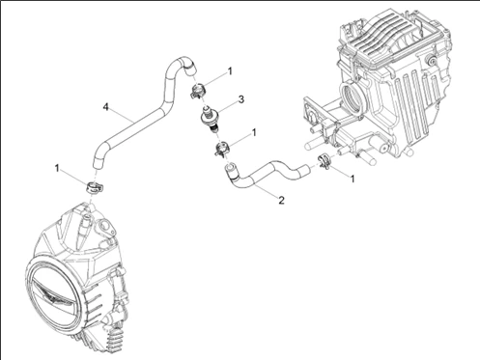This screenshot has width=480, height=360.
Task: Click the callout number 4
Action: pyautogui.click(x=105, y=107)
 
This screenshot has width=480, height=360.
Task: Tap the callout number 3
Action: pyautogui.click(x=241, y=99)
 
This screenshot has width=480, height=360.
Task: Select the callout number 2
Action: pyautogui.click(x=281, y=200)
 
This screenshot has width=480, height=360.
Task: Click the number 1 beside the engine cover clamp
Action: pyautogui.click(x=57, y=168)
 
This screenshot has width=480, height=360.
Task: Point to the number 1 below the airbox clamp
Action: pyautogui.click(x=353, y=179)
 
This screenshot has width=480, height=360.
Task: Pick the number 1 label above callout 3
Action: pyautogui.click(x=230, y=71)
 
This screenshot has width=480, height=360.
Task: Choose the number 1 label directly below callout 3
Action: pyautogui.click(x=254, y=132)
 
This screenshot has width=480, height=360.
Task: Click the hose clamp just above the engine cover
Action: pyautogui.click(x=94, y=186)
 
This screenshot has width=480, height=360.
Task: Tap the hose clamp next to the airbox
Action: pyautogui.click(x=325, y=160)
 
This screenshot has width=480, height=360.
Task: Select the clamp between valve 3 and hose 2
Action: pyautogui.click(x=222, y=150)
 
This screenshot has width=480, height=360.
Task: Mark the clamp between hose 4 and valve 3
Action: pyautogui.click(x=198, y=91)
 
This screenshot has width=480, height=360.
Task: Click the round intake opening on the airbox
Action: pyautogui.click(x=353, y=97)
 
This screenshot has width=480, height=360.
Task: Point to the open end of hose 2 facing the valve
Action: pyautogui.click(x=229, y=167)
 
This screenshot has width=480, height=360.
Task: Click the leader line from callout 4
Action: pyautogui.click(x=123, y=114)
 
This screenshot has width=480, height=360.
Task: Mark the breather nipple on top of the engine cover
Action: pyautogui.click(x=85, y=225)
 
